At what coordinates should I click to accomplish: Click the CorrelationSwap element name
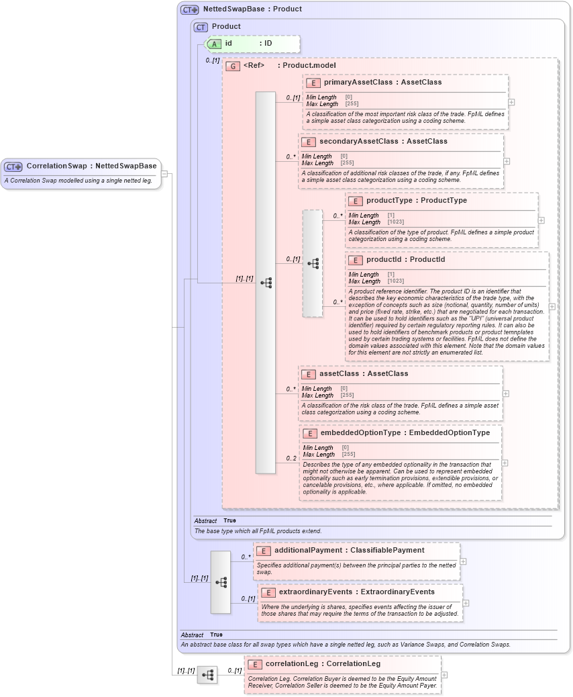click(56, 166)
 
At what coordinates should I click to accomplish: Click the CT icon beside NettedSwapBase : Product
click(190, 9)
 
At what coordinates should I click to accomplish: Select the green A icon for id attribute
click(213, 44)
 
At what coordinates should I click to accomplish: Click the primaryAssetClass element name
click(353, 83)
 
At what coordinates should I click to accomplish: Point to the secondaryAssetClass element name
click(350, 142)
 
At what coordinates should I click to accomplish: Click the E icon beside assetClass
click(309, 374)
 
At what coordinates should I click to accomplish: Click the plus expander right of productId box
click(552, 306)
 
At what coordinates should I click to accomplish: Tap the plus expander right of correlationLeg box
click(444, 675)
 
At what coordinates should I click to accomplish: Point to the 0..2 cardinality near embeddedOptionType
click(291, 459)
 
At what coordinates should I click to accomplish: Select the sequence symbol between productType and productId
click(313, 263)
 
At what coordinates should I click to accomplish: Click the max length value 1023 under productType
click(395, 222)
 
